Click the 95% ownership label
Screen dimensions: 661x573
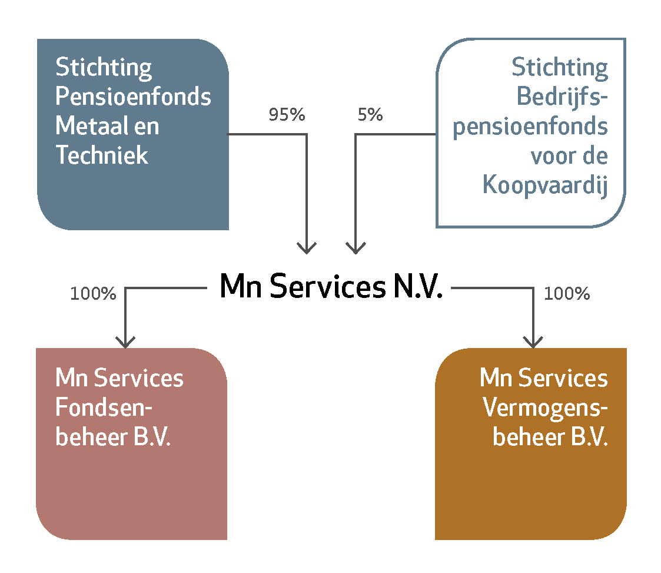pyautogui.click(x=287, y=114)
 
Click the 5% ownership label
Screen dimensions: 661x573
pyautogui.click(x=370, y=114)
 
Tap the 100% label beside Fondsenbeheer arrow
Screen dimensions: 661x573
pyautogui.click(x=93, y=293)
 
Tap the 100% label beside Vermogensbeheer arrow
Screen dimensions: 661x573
pyautogui.click(x=567, y=293)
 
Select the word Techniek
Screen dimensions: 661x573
pyautogui.click(x=102, y=155)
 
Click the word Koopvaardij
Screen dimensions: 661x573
pyautogui.click(x=545, y=185)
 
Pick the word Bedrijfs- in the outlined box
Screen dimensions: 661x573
pyautogui.click(x=562, y=97)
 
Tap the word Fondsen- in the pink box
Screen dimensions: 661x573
pyautogui.click(x=104, y=407)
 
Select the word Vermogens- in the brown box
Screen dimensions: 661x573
pyautogui.click(x=545, y=408)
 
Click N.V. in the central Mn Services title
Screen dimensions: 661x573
pyautogui.click(x=418, y=286)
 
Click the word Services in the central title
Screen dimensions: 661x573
pyautogui.click(x=327, y=286)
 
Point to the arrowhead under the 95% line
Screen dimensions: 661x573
pyautogui.click(x=307, y=248)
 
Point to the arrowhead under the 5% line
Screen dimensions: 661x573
pyautogui.click(x=356, y=248)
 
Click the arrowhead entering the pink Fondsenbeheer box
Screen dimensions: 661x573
pyautogui.click(x=125, y=342)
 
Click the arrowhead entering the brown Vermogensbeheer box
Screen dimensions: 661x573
pyautogui.click(x=533, y=342)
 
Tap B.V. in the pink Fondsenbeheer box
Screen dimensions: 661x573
pyautogui.click(x=152, y=436)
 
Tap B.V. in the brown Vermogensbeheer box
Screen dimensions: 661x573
pyautogui.click(x=589, y=436)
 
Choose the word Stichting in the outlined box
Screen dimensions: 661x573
pyautogui.click(x=560, y=68)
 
